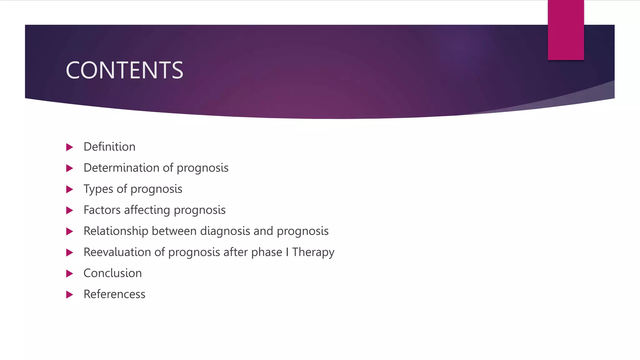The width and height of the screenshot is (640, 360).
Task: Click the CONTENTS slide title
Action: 124,70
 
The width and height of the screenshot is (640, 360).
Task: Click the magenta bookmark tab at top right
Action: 566,30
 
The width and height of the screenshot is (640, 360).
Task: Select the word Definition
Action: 109,147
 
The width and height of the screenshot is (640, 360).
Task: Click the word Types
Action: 98,189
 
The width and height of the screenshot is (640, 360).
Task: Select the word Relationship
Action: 116,231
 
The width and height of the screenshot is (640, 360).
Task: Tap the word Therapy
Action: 313,252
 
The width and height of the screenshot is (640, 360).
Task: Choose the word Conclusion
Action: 112,273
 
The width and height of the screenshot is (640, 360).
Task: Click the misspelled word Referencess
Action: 114,294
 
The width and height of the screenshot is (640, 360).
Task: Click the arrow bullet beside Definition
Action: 70,147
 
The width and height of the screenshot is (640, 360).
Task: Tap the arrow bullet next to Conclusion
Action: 70,274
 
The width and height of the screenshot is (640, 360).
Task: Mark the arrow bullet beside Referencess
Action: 70,295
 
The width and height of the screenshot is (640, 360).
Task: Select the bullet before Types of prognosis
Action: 70,189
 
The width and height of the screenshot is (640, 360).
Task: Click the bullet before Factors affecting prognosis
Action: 70,210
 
